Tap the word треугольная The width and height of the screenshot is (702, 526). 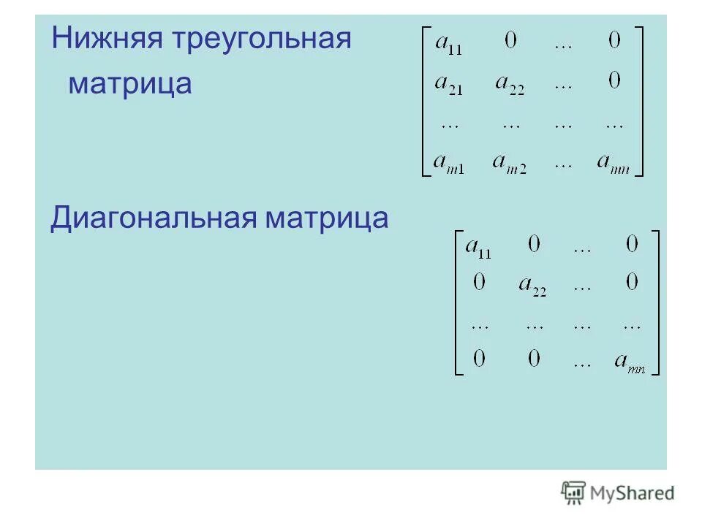click(261, 39)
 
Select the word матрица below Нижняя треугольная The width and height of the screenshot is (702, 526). click(130, 84)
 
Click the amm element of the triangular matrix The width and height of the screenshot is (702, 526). click(612, 163)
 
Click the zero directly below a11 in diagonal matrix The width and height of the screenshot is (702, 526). click(478, 282)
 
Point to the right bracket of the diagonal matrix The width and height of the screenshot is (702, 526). click(656, 302)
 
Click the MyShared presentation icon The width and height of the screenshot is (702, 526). click(573, 493)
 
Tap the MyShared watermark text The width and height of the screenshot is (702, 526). click(633, 494)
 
